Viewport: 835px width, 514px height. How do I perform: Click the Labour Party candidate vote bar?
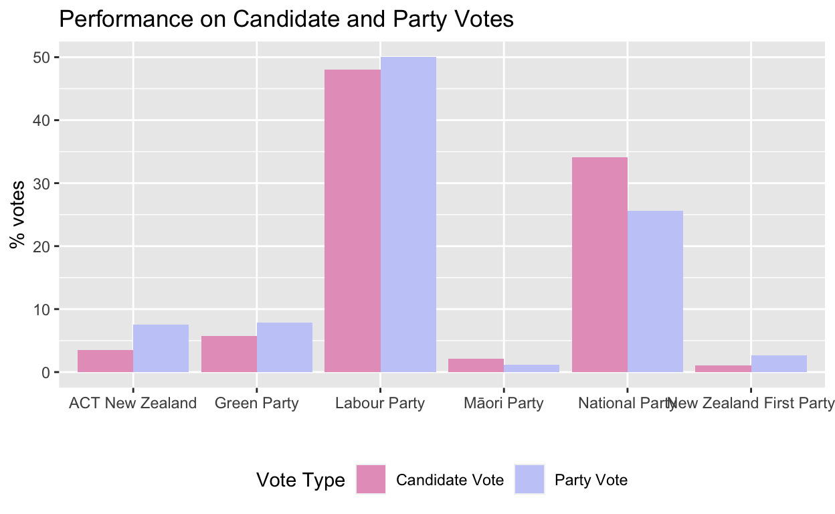[x=352, y=221]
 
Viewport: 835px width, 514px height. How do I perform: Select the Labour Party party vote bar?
[x=408, y=214]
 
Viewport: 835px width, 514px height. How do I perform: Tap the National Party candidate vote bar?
[x=599, y=264]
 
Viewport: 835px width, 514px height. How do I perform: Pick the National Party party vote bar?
[x=655, y=291]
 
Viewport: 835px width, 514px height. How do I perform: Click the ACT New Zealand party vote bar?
[x=161, y=348]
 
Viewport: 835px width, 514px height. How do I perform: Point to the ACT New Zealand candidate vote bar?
[x=105, y=361]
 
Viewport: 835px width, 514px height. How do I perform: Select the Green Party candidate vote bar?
[x=229, y=354]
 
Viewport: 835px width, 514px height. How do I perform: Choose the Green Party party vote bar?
[x=284, y=347]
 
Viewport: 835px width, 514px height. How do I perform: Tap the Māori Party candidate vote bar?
[x=476, y=365]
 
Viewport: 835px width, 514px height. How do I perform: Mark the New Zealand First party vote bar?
[x=779, y=363]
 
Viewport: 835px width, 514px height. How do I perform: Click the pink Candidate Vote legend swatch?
[x=371, y=479]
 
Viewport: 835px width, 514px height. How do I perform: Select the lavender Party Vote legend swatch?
[x=529, y=479]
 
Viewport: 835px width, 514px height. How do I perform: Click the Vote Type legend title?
[x=300, y=480]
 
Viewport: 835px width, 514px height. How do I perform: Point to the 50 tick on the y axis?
[x=42, y=58]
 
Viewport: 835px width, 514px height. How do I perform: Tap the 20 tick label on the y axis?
[x=42, y=246]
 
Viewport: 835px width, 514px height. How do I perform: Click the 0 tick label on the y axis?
[x=46, y=372]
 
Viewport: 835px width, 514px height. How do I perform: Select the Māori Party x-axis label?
[x=503, y=403]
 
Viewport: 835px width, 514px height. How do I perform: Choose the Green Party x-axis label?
[x=256, y=403]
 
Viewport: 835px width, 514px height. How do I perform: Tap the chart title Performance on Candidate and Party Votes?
[x=286, y=19]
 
